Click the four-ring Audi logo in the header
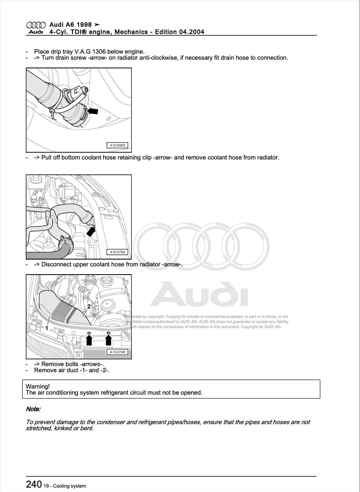pyautogui.click(x=36, y=25)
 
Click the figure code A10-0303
pyautogui.click(x=118, y=145)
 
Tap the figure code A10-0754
pyautogui.click(x=118, y=252)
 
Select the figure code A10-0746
pyautogui.click(x=118, y=352)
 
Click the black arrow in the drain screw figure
pyautogui.click(x=93, y=111)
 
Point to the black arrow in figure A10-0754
pyautogui.click(x=91, y=231)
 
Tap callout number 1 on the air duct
pyautogui.click(x=47, y=328)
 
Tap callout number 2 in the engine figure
pyautogui.click(x=89, y=306)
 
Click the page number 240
pyautogui.click(x=34, y=484)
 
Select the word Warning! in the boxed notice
pyautogui.click(x=37, y=386)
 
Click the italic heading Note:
pyautogui.click(x=33, y=409)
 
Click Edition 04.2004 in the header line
pyautogui.click(x=179, y=32)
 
